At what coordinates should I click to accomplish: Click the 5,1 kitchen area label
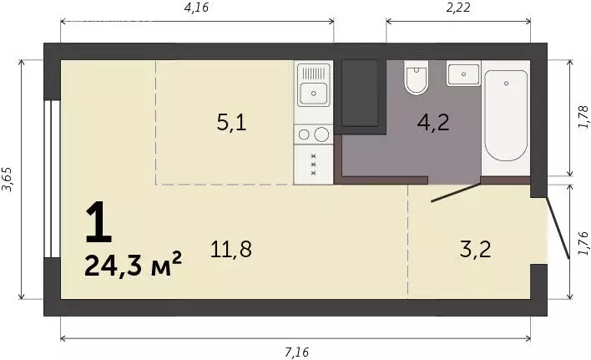[232, 123]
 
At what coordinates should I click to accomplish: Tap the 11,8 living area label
[231, 249]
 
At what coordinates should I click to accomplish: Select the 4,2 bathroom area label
[433, 122]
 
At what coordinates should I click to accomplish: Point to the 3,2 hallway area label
[476, 249]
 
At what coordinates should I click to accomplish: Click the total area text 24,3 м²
[133, 265]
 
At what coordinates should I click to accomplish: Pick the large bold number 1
[98, 222]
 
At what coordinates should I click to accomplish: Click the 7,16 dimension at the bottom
[296, 352]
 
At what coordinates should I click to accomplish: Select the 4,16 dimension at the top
[196, 8]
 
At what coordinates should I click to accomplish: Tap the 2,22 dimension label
[458, 8]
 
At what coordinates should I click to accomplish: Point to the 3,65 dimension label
[8, 179]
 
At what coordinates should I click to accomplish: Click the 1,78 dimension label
[583, 118]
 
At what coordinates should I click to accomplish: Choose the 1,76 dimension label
[583, 243]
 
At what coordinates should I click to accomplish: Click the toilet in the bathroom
[416, 78]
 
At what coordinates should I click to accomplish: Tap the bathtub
[506, 116]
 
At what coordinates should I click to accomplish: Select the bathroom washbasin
[463, 74]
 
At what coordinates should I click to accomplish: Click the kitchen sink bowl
[314, 93]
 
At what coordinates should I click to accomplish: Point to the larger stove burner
[321, 134]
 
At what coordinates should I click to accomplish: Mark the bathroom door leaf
[456, 193]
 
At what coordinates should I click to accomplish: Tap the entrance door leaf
[558, 228]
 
